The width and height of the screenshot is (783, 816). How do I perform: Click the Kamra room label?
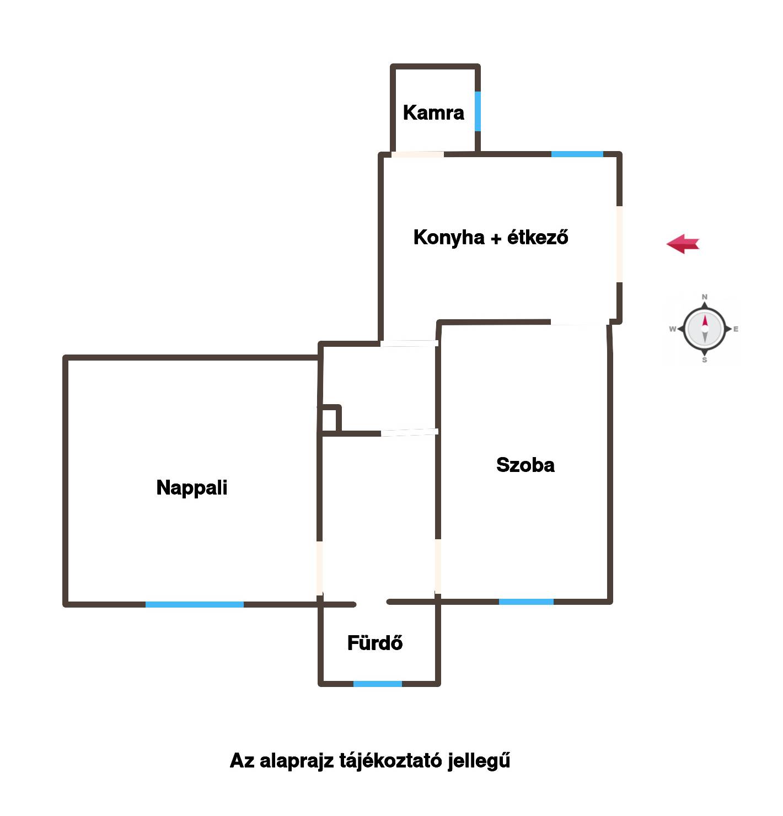click(433, 112)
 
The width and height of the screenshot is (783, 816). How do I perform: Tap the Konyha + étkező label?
click(491, 237)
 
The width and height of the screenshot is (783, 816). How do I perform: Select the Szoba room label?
click(525, 465)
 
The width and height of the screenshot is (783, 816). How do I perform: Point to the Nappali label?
click(192, 488)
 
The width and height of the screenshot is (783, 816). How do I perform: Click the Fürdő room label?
click(375, 643)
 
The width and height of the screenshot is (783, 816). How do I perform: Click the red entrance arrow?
click(683, 244)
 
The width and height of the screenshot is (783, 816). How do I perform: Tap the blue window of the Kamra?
click(478, 111)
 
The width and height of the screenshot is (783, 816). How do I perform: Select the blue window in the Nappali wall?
click(195, 604)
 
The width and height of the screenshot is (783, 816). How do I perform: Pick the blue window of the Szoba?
click(526, 602)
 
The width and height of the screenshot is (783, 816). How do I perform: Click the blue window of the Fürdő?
click(378, 684)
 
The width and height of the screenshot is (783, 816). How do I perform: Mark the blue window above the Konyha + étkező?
click(577, 154)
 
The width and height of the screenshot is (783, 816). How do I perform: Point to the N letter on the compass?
click(705, 297)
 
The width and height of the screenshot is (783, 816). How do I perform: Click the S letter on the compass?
click(705, 360)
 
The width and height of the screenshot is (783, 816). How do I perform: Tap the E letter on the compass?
click(736, 329)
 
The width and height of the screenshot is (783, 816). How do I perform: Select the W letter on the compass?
click(672, 329)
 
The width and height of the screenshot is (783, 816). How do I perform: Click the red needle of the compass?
click(705, 321)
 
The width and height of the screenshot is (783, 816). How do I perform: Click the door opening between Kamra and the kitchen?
click(417, 154)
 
